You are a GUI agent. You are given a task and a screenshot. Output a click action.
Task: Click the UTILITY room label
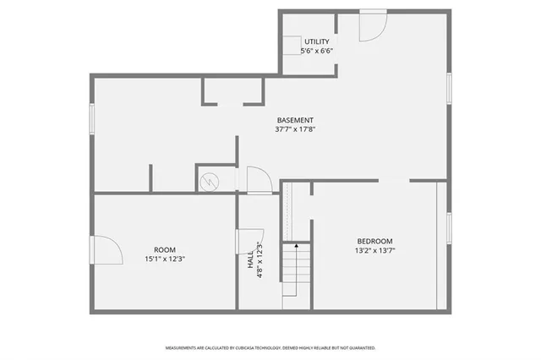click(317, 41)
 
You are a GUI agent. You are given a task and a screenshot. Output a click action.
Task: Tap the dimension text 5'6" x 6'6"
click(317, 51)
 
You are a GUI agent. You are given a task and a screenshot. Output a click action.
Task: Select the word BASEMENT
click(295, 120)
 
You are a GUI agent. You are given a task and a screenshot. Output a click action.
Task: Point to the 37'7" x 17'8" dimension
click(295, 130)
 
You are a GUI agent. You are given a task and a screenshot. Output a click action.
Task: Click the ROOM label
click(165, 250)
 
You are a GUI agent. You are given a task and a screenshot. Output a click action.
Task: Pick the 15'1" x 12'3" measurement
click(165, 259)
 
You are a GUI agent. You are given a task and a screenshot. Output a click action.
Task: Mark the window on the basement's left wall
click(92, 118)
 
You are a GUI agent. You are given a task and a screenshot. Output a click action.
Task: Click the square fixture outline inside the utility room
click(293, 46)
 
